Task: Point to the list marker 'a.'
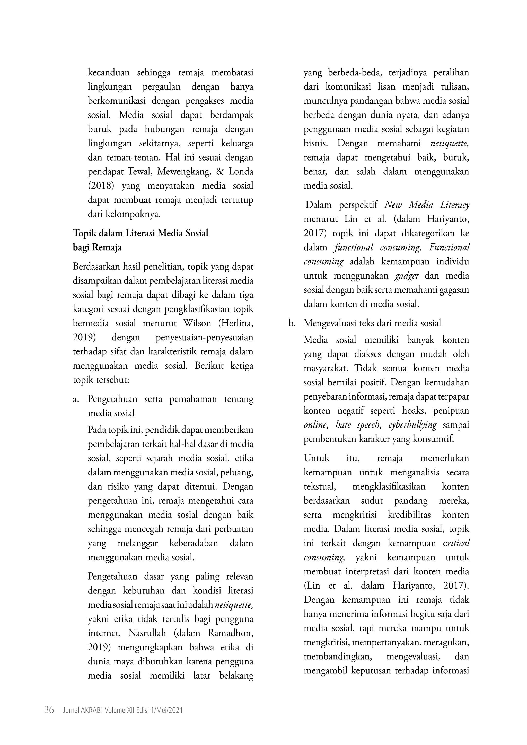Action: [76, 399]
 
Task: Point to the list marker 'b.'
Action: [292, 323]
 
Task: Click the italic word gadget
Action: [407, 276]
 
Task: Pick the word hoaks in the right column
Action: [413, 411]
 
